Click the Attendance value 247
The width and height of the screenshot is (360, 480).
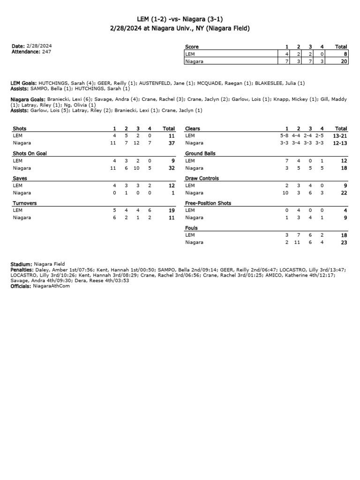[46, 52]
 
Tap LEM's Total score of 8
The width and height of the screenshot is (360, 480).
[345, 54]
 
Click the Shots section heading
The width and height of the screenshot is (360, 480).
[20, 128]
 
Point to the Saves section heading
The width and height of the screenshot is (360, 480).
[20, 178]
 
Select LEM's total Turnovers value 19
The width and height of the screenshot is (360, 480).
[171, 210]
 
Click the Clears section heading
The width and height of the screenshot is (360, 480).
[193, 128]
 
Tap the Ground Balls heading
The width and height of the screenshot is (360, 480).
[200, 153]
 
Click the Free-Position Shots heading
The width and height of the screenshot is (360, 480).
[208, 203]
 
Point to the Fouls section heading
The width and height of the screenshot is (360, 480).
[192, 228]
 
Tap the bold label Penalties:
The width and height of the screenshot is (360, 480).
[22, 270]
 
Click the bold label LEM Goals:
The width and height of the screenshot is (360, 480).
[23, 83]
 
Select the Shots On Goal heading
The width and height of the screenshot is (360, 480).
[30, 153]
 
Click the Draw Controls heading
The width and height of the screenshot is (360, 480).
[202, 178]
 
